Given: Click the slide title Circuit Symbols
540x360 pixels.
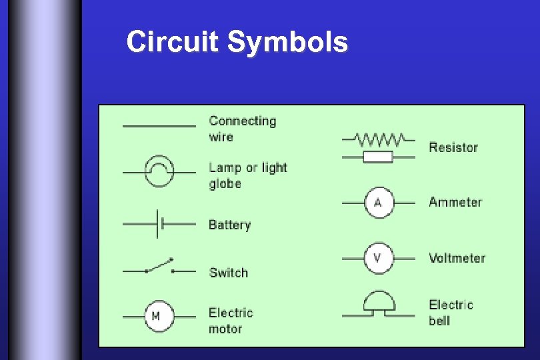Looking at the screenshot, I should tap(237, 42).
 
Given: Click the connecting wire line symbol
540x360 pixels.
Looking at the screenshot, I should tap(159, 125).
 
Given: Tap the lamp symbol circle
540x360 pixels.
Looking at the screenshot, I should tap(159, 172).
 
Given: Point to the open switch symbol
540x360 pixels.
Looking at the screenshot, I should tap(159, 267).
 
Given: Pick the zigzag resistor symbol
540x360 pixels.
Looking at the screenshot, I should tap(378, 139).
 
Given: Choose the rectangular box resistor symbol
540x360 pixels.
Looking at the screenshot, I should tap(378, 157).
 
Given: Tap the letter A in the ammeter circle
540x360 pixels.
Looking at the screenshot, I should tap(378, 203).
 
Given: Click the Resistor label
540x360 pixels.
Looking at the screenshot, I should tap(453, 147).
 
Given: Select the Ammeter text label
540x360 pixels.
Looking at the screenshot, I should tap(455, 202).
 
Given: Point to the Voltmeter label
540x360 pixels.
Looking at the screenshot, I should tap(457, 258).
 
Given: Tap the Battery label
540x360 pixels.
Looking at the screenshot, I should tap(229, 225).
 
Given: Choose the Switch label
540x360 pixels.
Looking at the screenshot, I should tap(228, 273).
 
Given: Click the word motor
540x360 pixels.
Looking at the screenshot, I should tap(225, 329).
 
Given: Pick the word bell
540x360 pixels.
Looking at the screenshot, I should tap(439, 321).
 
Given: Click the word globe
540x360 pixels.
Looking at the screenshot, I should tap(225, 184).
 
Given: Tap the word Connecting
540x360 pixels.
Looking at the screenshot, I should tap(242, 121).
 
